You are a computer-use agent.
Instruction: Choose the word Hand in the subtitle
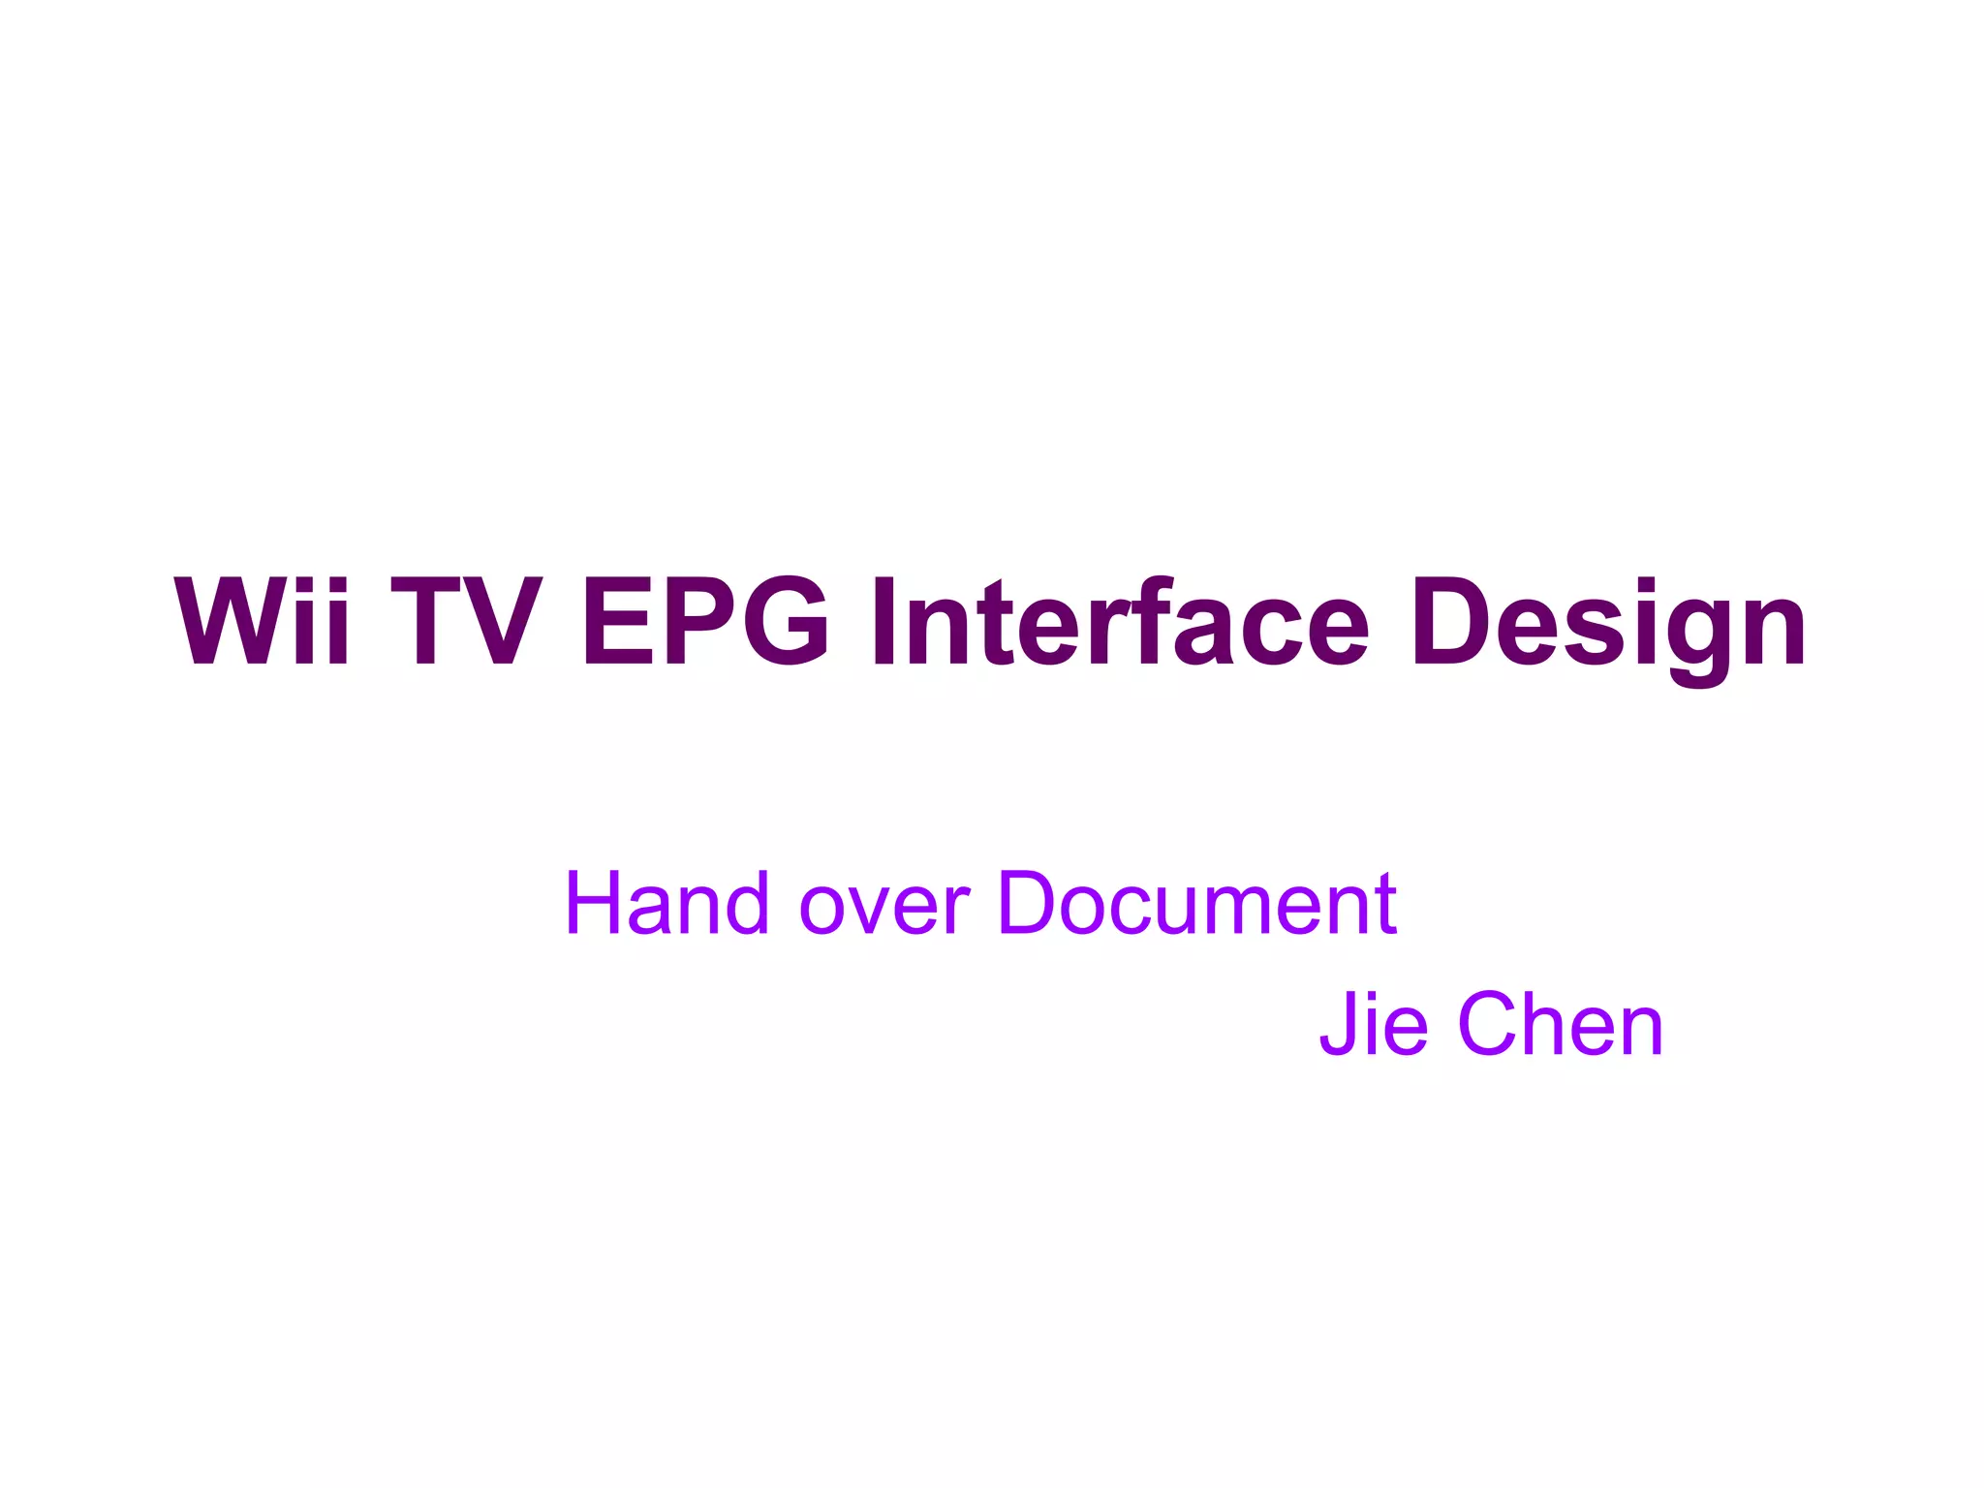[x=667, y=903]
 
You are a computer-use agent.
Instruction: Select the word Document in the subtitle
[x=1196, y=903]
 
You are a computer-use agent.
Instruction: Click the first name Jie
[x=1374, y=1024]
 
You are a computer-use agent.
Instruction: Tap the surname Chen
[x=1561, y=1024]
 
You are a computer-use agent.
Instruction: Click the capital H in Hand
[x=595, y=903]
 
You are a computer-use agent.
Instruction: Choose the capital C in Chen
[x=1493, y=1024]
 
